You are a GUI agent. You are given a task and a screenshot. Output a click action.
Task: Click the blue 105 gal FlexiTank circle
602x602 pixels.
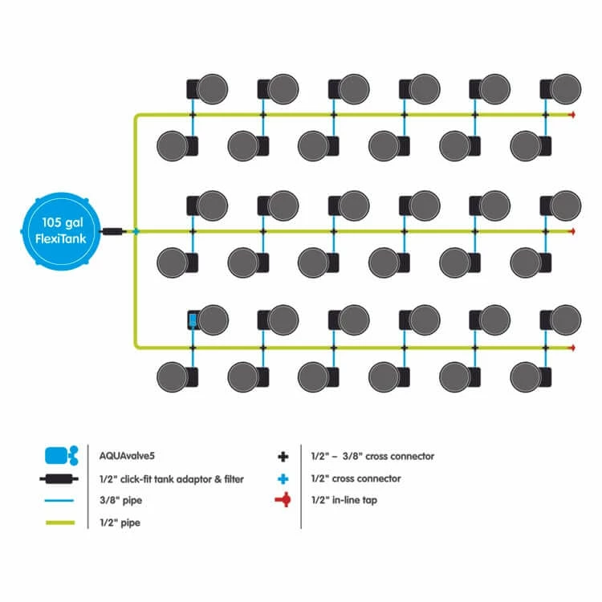60,230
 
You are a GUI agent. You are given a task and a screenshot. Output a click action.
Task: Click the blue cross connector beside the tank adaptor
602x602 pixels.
136,231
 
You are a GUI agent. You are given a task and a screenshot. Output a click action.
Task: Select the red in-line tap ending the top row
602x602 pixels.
571,116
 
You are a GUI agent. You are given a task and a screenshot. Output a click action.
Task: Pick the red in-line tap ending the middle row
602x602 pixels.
571,231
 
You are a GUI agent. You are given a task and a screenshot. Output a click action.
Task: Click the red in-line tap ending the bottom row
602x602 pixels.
571,348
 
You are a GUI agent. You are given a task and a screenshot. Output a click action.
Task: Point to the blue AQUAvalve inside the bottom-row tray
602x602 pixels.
193,320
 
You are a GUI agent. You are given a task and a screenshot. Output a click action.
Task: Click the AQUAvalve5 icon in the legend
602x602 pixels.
61,456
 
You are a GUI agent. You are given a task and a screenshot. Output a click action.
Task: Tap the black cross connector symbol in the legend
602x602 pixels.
283,456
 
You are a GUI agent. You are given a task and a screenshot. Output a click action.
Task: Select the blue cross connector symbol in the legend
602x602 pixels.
283,478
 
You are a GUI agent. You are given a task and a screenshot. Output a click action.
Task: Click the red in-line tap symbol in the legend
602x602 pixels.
283,501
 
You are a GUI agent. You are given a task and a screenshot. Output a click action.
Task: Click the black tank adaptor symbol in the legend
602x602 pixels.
61,478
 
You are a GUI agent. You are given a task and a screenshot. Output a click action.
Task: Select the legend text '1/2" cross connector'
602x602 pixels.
356,478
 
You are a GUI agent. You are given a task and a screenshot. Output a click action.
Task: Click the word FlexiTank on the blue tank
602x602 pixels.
60,237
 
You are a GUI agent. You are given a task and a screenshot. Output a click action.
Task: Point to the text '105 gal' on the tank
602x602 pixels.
60,221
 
